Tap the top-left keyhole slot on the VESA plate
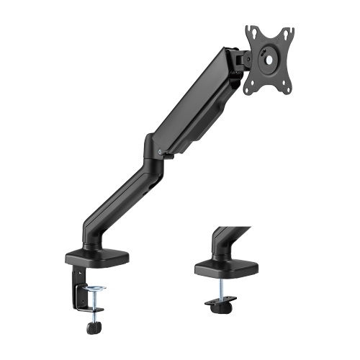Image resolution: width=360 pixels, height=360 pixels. (251, 31)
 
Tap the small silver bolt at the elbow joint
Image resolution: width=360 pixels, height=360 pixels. (158, 153)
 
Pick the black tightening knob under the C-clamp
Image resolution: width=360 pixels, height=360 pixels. (92, 328)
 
